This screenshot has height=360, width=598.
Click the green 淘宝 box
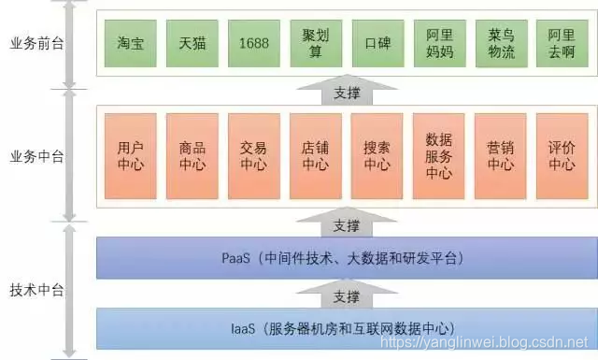(130, 43)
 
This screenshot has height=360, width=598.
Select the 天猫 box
(192, 43)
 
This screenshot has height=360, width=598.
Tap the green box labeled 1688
(253, 43)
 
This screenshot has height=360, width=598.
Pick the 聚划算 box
(315, 43)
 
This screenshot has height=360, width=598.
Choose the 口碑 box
(377, 43)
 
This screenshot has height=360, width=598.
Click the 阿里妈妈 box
(438, 43)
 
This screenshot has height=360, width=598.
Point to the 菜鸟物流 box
(500, 43)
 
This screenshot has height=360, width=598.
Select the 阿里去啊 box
(562, 43)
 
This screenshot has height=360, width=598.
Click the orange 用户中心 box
(130, 154)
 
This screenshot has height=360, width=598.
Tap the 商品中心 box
(192, 154)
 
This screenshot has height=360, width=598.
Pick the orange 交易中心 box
(253, 154)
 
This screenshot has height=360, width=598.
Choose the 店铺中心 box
(315, 154)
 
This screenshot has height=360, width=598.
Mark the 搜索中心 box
(377, 154)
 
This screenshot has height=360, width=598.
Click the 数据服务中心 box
(438, 154)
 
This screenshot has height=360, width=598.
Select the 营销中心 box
(500, 154)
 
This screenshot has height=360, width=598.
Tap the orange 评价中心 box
(562, 154)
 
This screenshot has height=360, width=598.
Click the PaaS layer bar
(346, 258)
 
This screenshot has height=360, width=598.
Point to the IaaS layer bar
(346, 328)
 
